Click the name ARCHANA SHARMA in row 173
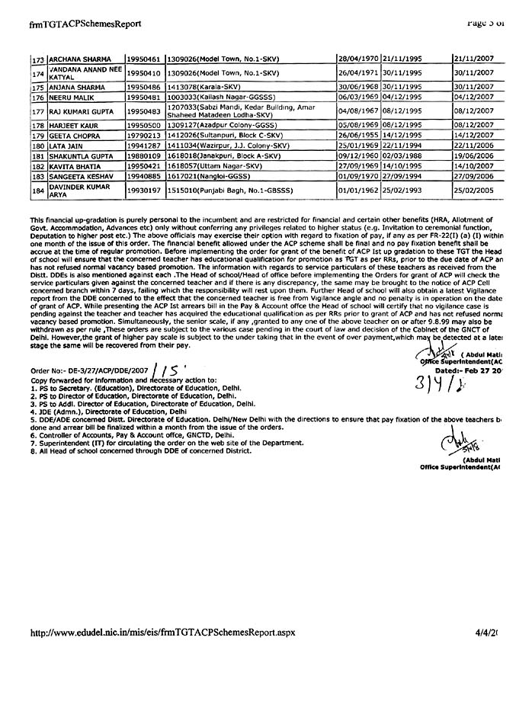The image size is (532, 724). click(81, 59)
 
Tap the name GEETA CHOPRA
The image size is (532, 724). click(77, 136)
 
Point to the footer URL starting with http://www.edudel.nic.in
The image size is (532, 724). click(161, 632)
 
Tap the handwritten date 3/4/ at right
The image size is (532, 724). click(437, 381)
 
